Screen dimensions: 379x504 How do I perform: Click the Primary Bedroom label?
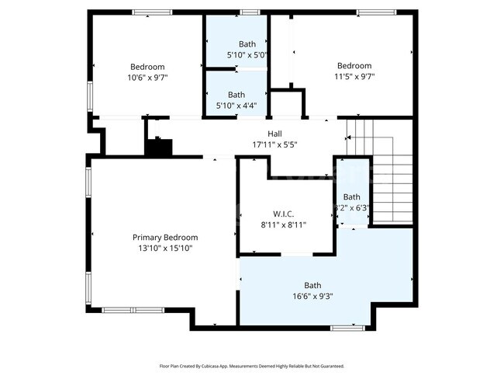[164, 238]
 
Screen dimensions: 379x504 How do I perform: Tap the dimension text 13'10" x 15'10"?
[164, 249]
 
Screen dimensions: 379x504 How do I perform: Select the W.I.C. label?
[283, 214]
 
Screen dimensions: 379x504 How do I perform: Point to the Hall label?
[274, 134]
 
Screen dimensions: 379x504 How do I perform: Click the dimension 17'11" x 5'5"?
[274, 144]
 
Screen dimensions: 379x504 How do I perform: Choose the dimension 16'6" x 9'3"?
[312, 296]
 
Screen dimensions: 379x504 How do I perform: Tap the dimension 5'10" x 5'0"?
[247, 55]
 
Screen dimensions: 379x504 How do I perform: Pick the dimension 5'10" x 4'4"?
[247, 106]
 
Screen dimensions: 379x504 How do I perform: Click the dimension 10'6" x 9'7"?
[148, 78]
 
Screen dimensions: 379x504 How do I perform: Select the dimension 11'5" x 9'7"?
[354, 77]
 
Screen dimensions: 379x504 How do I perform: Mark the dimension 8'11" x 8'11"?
[283, 224]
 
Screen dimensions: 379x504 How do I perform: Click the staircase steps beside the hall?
[380, 175]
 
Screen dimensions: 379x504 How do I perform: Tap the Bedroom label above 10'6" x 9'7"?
[148, 67]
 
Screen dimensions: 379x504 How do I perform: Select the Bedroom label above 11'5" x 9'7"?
[354, 66]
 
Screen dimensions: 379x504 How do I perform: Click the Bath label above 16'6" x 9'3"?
[312, 285]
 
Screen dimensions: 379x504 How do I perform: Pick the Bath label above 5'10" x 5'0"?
[247, 44]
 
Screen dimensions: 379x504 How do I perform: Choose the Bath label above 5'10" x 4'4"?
[247, 95]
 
